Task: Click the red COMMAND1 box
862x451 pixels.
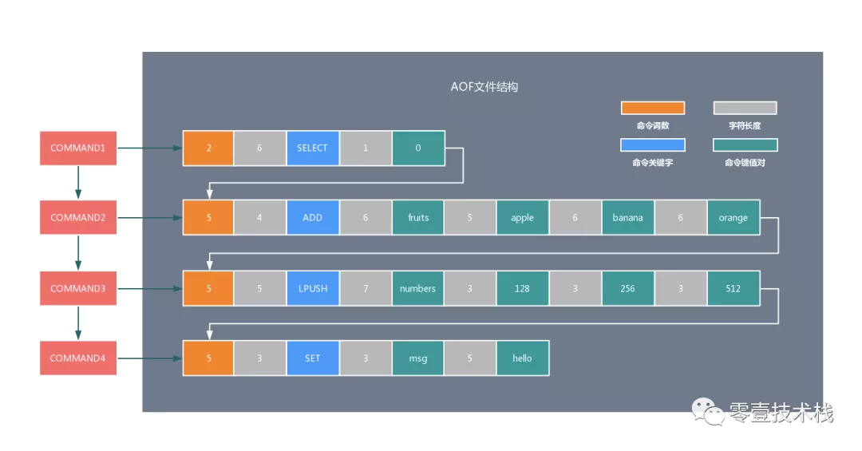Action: pyautogui.click(x=78, y=148)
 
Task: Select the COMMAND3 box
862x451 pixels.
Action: pyautogui.click(x=78, y=288)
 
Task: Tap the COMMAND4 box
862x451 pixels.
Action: pyautogui.click(x=78, y=358)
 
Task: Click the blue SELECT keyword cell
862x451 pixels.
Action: pyautogui.click(x=312, y=148)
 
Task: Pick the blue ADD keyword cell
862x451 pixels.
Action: pyautogui.click(x=312, y=218)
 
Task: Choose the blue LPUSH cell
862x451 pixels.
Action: pyautogui.click(x=312, y=288)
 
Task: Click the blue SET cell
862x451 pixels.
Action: pyautogui.click(x=312, y=358)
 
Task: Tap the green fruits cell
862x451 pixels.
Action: pyautogui.click(x=418, y=218)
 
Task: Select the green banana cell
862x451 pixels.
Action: pyautogui.click(x=627, y=218)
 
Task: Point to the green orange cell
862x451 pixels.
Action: pyautogui.click(x=733, y=218)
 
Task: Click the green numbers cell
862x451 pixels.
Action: pyautogui.click(x=418, y=288)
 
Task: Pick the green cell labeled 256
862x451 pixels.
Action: pyautogui.click(x=627, y=288)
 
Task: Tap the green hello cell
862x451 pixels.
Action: pyautogui.click(x=522, y=358)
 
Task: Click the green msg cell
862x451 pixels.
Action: pyautogui.click(x=418, y=358)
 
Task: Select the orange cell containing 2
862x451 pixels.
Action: pyautogui.click(x=208, y=148)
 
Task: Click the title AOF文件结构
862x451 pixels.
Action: pyautogui.click(x=484, y=87)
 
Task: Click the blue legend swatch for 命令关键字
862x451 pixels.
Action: pyautogui.click(x=653, y=145)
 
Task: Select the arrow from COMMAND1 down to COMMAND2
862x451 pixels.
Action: pyautogui.click(x=78, y=183)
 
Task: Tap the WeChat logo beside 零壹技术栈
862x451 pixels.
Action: pyautogui.click(x=708, y=412)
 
